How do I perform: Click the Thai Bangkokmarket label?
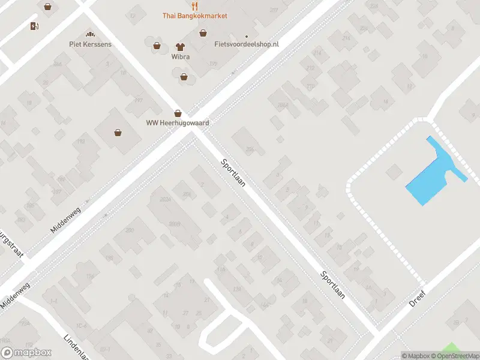[194, 16]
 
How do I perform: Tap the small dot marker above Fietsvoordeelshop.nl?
[246, 35]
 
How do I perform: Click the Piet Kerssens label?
[91, 44]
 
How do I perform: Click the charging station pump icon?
[34, 26]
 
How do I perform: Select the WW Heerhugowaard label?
[178, 123]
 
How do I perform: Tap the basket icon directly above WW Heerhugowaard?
[178, 113]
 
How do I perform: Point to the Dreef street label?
[417, 300]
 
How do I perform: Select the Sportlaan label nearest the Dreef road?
[332, 284]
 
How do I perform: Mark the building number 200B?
[175, 223]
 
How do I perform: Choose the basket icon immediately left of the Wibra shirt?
[157, 45]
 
